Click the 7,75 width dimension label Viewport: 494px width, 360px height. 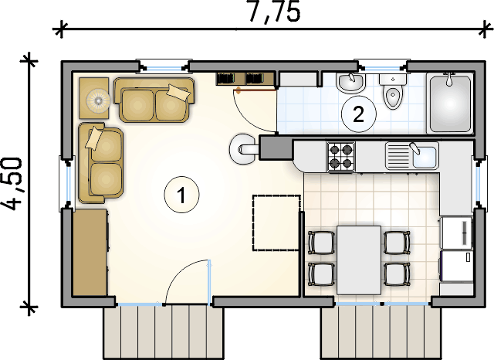[x=274, y=12]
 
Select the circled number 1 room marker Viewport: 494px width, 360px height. [x=182, y=195]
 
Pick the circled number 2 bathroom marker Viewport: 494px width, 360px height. [x=359, y=114]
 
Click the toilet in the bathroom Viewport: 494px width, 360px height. [x=393, y=91]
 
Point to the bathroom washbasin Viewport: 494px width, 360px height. [x=350, y=83]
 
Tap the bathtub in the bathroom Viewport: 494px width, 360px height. [x=450, y=103]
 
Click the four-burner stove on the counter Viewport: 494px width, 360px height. [x=341, y=157]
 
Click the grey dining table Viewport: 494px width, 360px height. [x=359, y=260]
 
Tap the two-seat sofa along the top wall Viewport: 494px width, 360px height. [x=154, y=100]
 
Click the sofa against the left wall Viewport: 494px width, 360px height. [x=100, y=163]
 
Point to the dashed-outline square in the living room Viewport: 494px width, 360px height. [x=276, y=222]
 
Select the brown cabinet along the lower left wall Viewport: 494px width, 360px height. [x=91, y=253]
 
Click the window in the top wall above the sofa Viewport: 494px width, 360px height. [x=164, y=67]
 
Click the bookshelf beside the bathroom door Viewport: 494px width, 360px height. [x=245, y=79]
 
